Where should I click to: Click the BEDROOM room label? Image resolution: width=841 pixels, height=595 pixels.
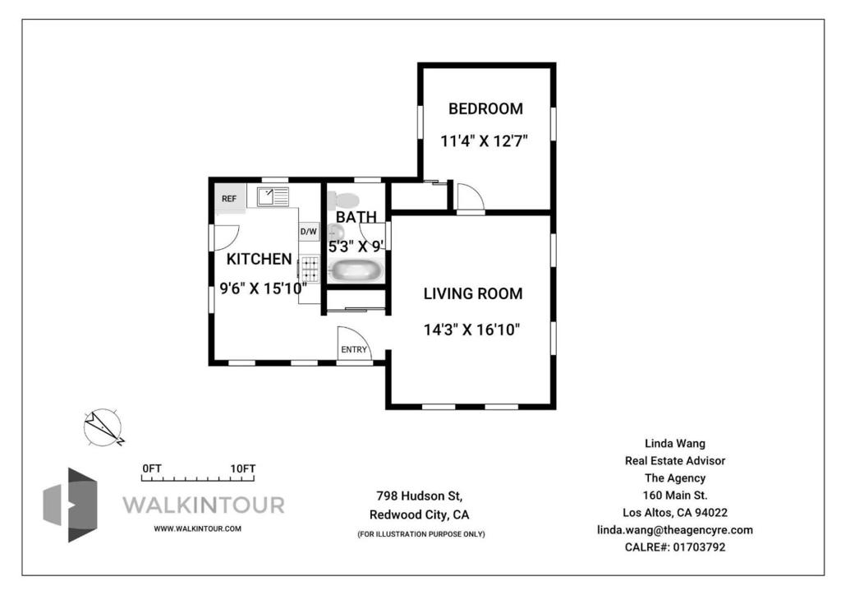[485, 109]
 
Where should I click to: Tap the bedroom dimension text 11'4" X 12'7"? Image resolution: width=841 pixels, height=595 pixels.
[485, 141]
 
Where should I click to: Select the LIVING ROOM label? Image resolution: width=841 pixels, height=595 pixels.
[473, 294]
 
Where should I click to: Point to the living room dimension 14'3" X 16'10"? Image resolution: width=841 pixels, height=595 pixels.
[472, 330]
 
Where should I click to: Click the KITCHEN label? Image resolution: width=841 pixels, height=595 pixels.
[259, 259]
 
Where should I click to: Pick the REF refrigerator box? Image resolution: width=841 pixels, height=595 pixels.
[230, 199]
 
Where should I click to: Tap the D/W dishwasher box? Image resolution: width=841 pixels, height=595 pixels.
[309, 232]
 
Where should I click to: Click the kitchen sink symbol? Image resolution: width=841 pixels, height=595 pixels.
[273, 197]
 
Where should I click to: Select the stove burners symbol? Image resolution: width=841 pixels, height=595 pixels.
[310, 270]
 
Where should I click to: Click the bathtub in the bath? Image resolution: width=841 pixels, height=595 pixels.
[355, 270]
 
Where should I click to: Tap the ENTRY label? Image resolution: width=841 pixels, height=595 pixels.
[354, 350]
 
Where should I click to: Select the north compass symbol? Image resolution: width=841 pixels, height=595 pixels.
[103, 427]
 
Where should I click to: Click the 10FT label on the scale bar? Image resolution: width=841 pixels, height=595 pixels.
[243, 468]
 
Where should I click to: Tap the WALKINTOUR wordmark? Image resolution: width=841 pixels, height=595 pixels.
[204, 505]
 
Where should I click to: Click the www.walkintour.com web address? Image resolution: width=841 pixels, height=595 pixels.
[197, 528]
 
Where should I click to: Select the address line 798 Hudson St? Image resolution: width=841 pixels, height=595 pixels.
[420, 496]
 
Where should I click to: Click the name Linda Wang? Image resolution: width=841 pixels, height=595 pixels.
[675, 444]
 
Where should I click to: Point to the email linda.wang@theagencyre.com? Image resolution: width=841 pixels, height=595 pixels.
[675, 530]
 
